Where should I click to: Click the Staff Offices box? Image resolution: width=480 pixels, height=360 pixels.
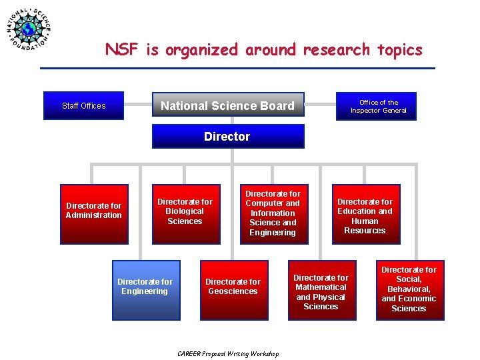point(84,105)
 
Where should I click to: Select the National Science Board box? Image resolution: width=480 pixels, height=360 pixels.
point(227,105)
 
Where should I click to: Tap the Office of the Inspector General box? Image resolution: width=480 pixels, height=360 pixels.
point(378,106)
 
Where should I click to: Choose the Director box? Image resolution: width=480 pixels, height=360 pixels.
point(227,137)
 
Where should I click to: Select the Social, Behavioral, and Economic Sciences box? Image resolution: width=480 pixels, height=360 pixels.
point(409,289)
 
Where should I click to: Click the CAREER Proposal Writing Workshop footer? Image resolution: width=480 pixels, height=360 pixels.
point(228,353)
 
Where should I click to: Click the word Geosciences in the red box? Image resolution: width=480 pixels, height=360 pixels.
point(233,291)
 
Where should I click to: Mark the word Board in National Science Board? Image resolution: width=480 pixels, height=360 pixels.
point(279,105)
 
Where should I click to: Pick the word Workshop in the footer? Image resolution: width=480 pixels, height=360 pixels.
point(264,353)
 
